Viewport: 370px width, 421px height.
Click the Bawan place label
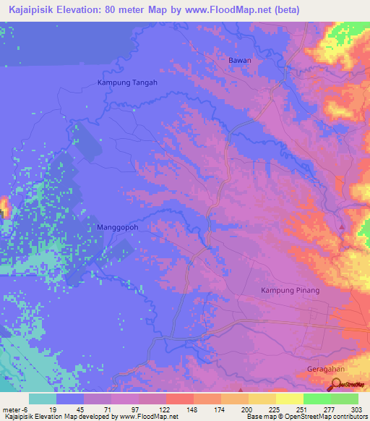[240, 60]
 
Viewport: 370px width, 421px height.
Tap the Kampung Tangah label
[127, 82]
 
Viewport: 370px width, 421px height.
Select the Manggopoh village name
[117, 226]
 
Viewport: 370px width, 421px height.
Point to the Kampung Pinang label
[289, 290]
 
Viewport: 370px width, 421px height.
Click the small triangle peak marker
[342, 228]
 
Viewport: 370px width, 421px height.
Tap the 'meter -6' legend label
[14, 409]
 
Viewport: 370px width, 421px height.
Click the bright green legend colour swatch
[317, 399]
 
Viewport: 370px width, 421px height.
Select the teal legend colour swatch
[43, 399]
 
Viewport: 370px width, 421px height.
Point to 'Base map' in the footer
[261, 417]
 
